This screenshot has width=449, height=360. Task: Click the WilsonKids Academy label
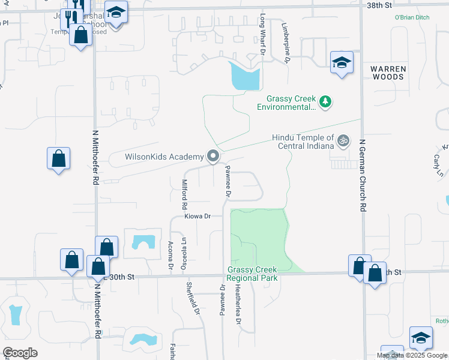pos(164,157)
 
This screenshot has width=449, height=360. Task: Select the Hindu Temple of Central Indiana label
pos(303,142)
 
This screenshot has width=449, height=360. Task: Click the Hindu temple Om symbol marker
pos(343,142)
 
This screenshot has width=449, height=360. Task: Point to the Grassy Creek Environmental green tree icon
pos(325,102)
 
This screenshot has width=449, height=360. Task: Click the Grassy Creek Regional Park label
pos(252,274)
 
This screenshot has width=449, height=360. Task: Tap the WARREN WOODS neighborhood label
pos(388,73)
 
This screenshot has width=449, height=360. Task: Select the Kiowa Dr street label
pos(199,215)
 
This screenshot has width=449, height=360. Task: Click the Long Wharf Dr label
pos(262,35)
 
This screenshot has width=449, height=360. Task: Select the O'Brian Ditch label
pos(412,18)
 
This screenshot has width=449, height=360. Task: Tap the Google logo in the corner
pos(20,353)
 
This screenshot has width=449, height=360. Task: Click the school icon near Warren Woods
pos(342,63)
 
